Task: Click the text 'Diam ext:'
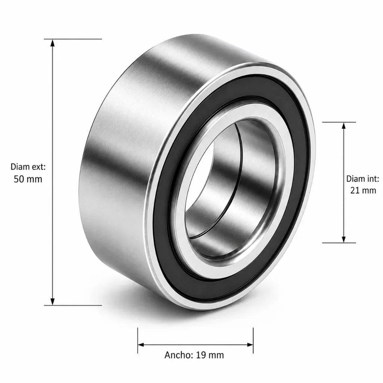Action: click(28, 167)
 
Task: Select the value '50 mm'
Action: click(28, 179)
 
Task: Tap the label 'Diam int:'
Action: click(363, 178)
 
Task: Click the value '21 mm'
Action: click(363, 190)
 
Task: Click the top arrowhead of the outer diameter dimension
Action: click(52, 43)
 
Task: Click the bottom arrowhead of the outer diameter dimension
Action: click(52, 302)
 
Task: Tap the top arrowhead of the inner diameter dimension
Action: click(344, 126)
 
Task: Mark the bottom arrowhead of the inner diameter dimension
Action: click(344, 239)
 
